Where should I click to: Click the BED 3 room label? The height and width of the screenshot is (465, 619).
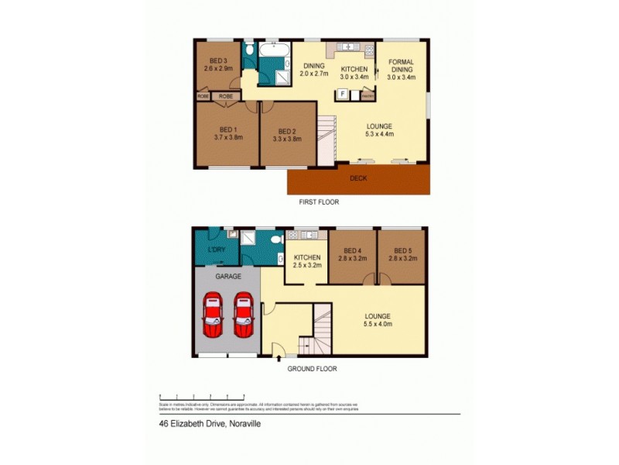pyautogui.click(x=217, y=60)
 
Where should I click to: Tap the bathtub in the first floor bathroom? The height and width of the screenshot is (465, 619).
pyautogui.click(x=274, y=51)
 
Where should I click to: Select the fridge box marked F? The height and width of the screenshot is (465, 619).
pyautogui.click(x=341, y=94)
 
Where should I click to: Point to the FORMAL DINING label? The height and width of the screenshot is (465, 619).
pyautogui.click(x=402, y=65)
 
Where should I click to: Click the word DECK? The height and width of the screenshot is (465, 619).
pyautogui.click(x=357, y=178)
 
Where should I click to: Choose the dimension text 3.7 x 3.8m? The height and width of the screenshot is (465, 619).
pyautogui.click(x=228, y=138)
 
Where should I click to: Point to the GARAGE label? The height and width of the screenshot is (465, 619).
pyautogui.click(x=227, y=276)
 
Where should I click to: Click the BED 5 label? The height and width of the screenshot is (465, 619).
pyautogui.click(x=402, y=251)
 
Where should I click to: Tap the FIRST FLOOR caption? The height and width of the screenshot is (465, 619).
pyautogui.click(x=319, y=202)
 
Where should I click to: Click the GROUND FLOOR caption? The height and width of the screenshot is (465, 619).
pyautogui.click(x=312, y=369)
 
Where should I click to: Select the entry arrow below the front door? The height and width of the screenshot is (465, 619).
pyautogui.click(x=279, y=358)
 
